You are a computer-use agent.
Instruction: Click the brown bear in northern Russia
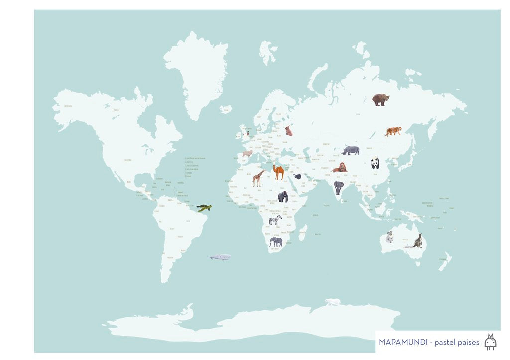381,100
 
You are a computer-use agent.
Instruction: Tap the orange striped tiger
393,131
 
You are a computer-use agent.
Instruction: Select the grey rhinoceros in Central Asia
351,150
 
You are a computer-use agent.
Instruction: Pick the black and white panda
375,163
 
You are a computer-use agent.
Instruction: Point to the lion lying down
340,168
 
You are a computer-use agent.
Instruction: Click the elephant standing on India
339,187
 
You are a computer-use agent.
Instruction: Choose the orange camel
278,172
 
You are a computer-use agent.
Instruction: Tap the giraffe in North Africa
258,178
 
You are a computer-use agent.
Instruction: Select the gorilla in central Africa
283,196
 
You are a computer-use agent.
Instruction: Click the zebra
275,220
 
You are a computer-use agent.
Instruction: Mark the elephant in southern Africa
276,242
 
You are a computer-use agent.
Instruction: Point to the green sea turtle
204,208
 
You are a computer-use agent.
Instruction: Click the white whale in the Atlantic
220,257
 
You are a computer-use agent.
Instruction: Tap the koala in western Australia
389,237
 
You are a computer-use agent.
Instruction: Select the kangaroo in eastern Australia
416,241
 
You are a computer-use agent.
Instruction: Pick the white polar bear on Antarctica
333,302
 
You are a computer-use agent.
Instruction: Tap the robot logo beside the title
490,342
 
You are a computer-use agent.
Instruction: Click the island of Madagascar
302,233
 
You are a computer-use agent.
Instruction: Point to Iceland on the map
226,109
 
